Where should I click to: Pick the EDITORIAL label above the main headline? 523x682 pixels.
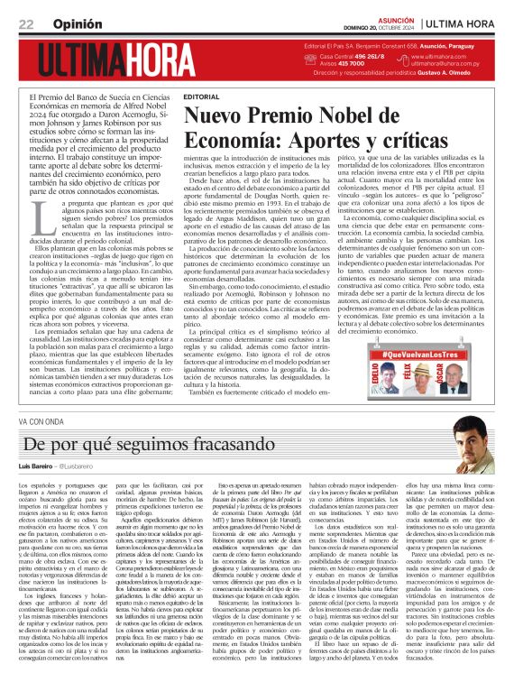click(200, 96)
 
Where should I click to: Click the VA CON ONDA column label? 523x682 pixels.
click(41, 421)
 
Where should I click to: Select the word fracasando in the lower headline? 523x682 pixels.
click(193, 444)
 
